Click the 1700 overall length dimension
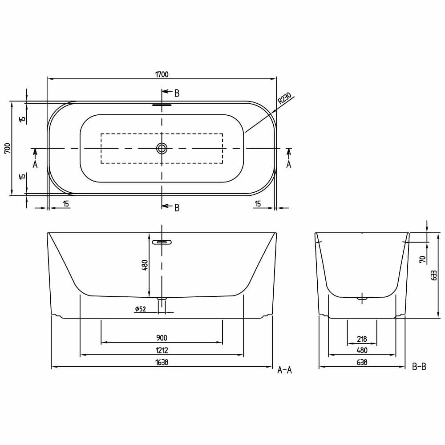coord(162,74)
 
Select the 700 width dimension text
coord(7,148)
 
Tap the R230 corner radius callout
coord(284,98)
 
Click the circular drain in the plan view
coord(162,148)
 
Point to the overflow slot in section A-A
coord(162,243)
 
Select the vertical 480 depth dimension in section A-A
coord(145,265)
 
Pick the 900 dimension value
coord(162,338)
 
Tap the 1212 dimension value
coord(162,351)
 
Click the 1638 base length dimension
coord(162,362)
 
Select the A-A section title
coord(284,369)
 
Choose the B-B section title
coord(419,367)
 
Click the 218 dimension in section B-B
coord(362,339)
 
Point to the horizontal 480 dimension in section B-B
coord(362,351)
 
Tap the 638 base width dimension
coord(362,362)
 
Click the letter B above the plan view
coord(177,93)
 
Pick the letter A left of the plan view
coord(35,164)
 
